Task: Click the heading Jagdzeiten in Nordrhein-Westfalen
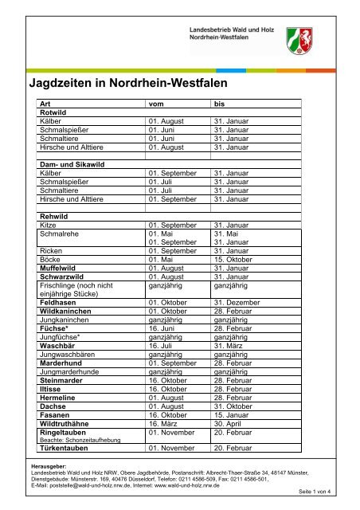[128, 82]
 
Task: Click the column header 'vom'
[157, 104]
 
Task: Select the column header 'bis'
[220, 104]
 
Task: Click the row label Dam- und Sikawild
[73, 163]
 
